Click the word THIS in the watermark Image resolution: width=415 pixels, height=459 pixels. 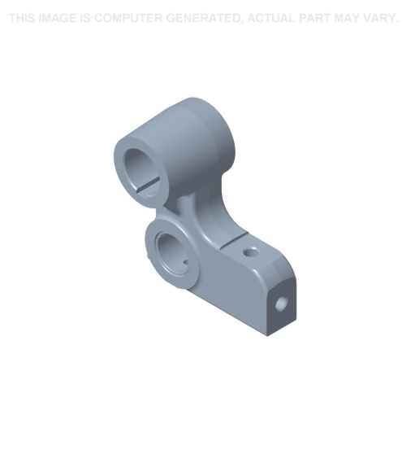coord(23,18)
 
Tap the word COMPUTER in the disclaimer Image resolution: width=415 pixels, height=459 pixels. coord(128,18)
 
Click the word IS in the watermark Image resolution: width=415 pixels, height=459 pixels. coord(85,18)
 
